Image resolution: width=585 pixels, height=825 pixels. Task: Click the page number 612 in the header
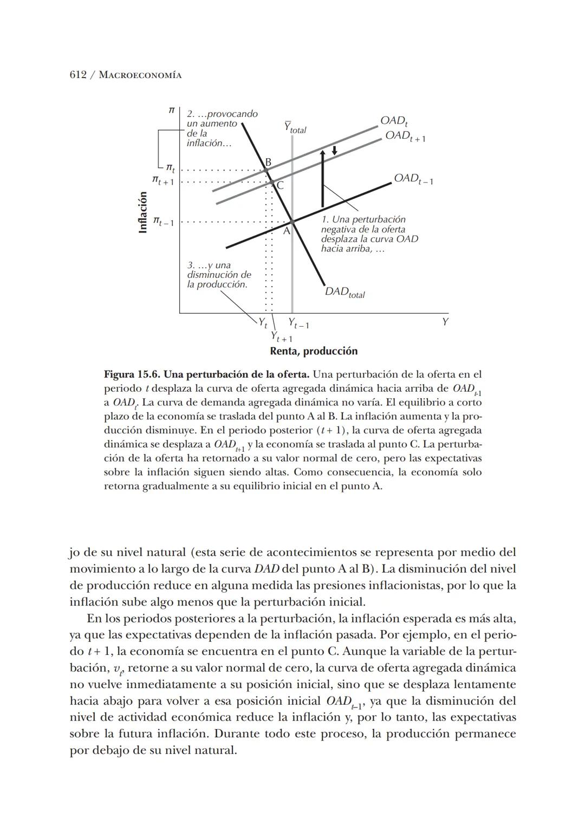(78, 75)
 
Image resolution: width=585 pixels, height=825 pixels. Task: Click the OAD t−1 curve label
(413, 179)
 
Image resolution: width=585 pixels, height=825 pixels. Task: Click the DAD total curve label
(344, 293)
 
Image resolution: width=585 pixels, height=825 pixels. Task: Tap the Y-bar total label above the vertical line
(295, 128)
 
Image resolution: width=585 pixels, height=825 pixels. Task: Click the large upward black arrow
(322, 179)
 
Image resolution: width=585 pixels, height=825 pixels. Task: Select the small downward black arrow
(334, 150)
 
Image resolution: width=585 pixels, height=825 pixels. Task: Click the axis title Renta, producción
(314, 351)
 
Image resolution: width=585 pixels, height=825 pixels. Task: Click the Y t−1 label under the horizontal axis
(298, 323)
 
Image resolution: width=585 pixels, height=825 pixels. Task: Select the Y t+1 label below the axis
(282, 337)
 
